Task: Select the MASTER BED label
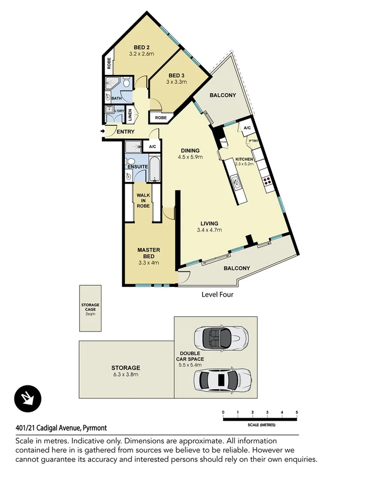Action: pos(148,253)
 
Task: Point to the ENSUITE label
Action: pos(137,166)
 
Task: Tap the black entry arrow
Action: pos(103,132)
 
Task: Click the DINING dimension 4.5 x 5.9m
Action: pos(190,157)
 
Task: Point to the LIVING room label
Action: pos(210,223)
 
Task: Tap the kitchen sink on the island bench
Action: pos(235,181)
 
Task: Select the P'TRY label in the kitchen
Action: pos(253,141)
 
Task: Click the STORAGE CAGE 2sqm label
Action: pos(90,307)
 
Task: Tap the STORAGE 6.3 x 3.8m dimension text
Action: pos(126,374)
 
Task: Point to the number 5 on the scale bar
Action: pos(297,412)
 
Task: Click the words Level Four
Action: pos(217,295)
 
